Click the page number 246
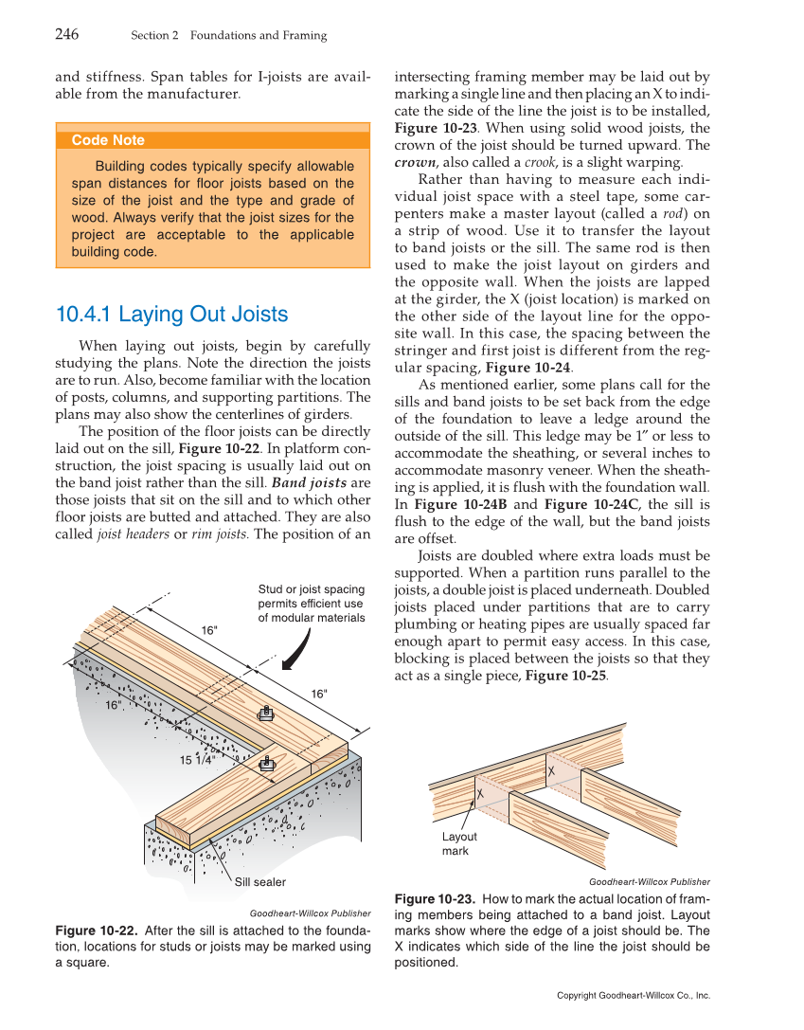(66, 35)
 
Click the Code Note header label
(108, 140)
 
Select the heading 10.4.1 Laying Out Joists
(171, 315)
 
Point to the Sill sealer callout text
(260, 882)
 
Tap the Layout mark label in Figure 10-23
(459, 843)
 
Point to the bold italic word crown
(415, 162)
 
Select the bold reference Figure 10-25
(565, 676)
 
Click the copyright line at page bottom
(633, 996)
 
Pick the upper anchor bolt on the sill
(266, 714)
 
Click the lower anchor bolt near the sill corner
(267, 763)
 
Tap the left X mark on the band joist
(480, 792)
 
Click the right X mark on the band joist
(551, 772)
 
